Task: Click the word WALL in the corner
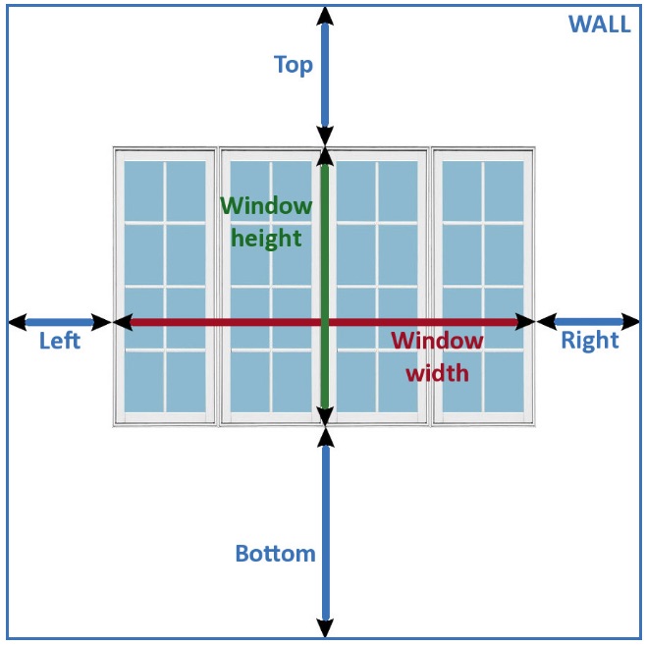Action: click(x=599, y=25)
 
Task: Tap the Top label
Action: click(x=293, y=65)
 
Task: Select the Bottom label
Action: click(x=275, y=553)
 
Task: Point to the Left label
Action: click(x=59, y=342)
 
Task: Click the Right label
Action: click(x=589, y=341)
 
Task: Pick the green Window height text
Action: click(x=266, y=222)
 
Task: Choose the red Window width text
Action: click(x=438, y=356)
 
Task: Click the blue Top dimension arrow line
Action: click(x=325, y=79)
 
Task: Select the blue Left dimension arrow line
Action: click(x=59, y=322)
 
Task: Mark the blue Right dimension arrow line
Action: click(x=589, y=321)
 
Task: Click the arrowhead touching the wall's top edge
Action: click(x=325, y=15)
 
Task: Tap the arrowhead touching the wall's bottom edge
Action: click(x=325, y=628)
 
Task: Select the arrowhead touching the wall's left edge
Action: click(x=17, y=322)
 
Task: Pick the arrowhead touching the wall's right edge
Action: click(x=631, y=321)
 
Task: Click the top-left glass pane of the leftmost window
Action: click(x=143, y=189)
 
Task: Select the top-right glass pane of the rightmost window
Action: click(x=504, y=189)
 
